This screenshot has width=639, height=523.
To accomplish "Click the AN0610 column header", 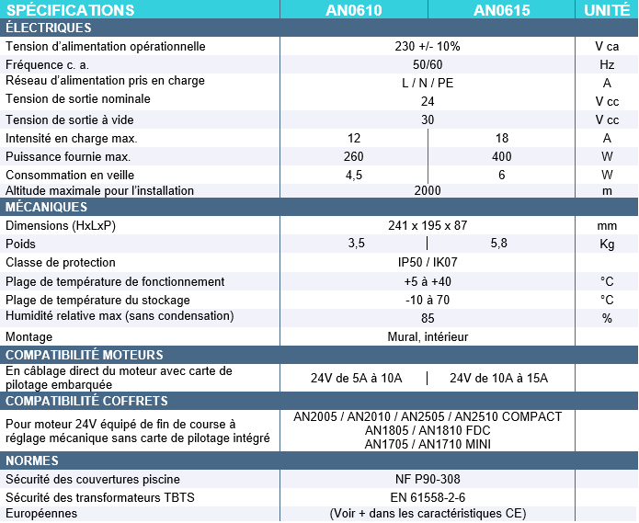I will click(354, 10).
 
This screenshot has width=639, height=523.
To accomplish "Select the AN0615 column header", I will click(501, 10).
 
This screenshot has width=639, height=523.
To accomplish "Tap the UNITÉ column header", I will click(607, 10).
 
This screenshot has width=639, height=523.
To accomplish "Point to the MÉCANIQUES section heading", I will click(46, 207).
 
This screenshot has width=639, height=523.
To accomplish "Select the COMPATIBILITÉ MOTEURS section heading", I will click(85, 355).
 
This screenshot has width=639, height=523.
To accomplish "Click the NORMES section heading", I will click(33, 460).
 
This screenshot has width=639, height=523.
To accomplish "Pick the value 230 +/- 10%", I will click(428, 47).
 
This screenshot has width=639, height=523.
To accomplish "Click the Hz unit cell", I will click(607, 65).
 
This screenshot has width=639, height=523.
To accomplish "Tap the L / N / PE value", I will click(428, 83).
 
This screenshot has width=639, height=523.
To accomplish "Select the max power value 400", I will click(502, 156).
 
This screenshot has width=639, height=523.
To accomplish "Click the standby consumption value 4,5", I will click(354, 175).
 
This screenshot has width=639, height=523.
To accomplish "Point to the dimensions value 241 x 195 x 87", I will click(428, 225).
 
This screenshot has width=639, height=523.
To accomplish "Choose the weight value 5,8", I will click(499, 244).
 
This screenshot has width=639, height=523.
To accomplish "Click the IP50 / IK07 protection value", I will click(428, 263).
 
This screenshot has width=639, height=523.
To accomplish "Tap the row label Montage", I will click(29, 336).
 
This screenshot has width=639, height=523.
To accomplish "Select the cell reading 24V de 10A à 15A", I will click(498, 378).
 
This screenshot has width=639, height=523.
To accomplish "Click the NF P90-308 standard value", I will click(428, 479).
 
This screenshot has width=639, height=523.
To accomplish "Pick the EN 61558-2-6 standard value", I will click(428, 497).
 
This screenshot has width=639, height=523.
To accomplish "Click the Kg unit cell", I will click(607, 244).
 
